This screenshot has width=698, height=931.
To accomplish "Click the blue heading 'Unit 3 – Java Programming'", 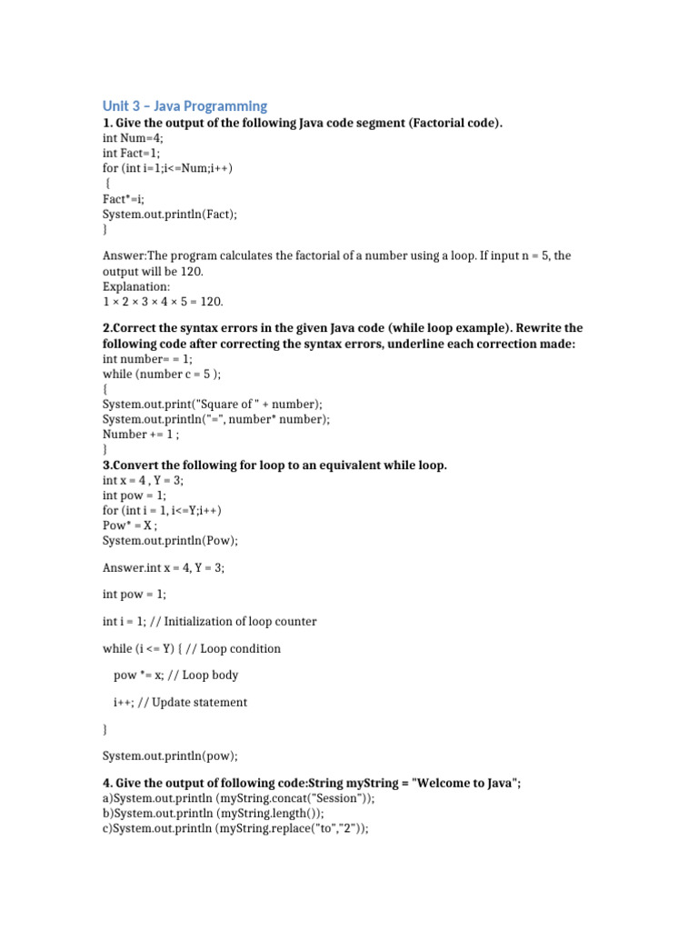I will click(184, 106).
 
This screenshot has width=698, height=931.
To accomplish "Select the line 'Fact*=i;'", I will click(124, 198).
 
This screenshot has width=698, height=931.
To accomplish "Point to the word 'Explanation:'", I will click(136, 286).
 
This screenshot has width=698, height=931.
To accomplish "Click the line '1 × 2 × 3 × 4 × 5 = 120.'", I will click(163, 301).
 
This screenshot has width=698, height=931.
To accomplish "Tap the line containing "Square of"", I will click(212, 404).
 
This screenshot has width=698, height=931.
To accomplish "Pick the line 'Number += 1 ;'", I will click(142, 434).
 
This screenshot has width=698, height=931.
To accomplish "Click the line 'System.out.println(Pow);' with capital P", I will click(170, 540).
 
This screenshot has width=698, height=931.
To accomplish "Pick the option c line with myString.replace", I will click(235, 828).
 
